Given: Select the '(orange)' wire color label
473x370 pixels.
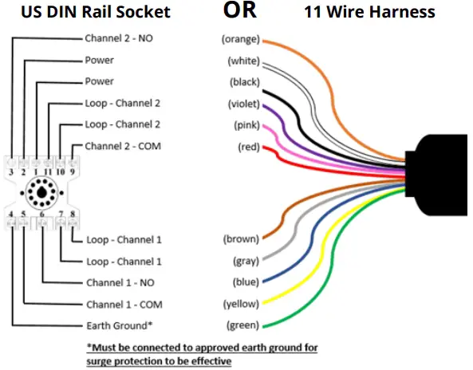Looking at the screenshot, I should point(239,39).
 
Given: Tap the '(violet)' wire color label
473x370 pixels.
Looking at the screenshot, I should point(242,104).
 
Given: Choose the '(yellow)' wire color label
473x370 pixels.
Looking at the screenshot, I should point(241,304).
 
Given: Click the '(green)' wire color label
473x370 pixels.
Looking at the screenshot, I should point(242,325).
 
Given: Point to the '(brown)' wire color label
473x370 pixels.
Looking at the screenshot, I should point(241,239).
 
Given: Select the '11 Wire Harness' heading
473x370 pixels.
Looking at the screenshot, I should point(369,11).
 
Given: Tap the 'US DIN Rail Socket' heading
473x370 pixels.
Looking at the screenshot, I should point(96,11).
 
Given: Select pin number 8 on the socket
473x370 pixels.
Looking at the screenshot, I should point(73,215).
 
